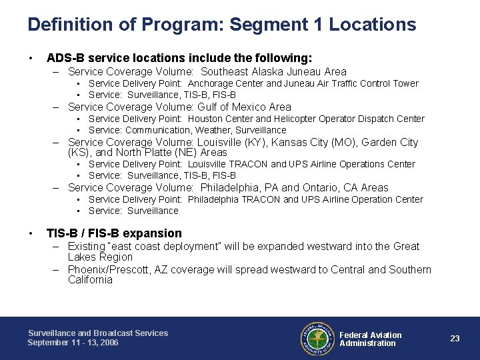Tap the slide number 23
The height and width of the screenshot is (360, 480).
455,339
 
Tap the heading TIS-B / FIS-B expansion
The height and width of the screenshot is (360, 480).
114,233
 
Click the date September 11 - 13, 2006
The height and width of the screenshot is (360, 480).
73,343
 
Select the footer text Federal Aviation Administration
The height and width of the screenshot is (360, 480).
371,339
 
